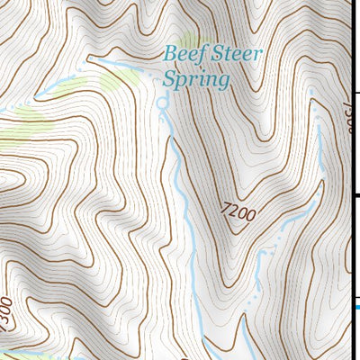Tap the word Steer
[236, 54]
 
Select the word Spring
[196, 79]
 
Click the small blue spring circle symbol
[163, 104]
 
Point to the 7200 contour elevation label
[238, 214]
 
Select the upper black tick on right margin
[356, 93]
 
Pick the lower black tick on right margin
[356, 194]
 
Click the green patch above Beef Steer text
[188, 40]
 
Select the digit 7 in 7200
[224, 210]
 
